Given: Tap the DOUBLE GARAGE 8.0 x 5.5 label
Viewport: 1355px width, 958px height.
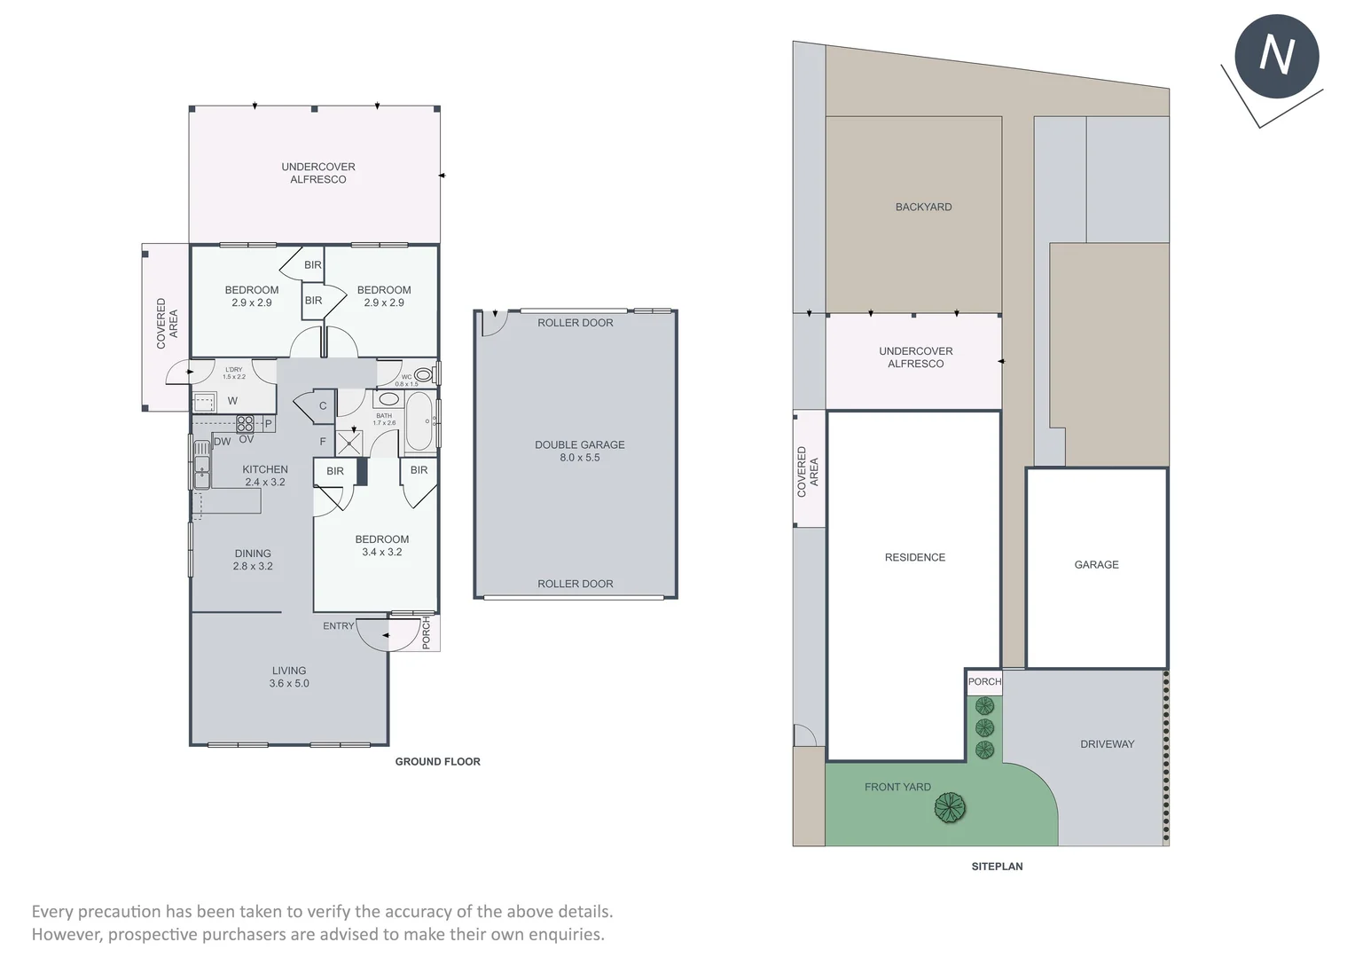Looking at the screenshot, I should tap(579, 451).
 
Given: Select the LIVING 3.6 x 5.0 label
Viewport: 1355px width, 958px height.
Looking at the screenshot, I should tap(289, 677).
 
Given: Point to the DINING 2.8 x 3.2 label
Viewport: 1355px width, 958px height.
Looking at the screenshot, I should tap(253, 559).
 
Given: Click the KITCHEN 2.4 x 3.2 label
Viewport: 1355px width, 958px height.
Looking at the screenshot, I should tap(265, 475).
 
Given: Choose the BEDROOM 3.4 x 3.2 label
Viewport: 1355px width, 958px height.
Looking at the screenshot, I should tap(382, 545).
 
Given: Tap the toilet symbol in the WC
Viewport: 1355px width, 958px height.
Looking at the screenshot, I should tap(423, 375).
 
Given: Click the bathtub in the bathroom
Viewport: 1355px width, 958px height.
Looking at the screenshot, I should tap(419, 423).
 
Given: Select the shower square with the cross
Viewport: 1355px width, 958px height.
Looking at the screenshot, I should tap(349, 443).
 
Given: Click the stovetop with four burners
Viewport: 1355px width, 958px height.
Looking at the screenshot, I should tap(245, 423).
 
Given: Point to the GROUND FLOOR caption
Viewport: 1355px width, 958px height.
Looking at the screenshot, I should tap(437, 761).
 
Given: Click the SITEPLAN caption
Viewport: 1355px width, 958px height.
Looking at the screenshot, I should tap(997, 866).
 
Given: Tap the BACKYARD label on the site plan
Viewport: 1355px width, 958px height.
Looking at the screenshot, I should tap(923, 207).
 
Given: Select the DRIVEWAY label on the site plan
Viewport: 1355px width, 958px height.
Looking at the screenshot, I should tap(1107, 743).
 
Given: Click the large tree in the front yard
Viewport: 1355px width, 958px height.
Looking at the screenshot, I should tap(950, 807).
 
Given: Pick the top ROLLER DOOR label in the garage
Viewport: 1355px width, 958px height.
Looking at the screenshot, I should tap(575, 323).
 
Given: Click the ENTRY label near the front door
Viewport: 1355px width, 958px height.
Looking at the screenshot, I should tap(338, 625).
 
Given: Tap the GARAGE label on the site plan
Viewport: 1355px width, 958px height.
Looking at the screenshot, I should tap(1096, 564).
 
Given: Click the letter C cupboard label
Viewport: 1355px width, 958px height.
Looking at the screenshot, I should tap(323, 406).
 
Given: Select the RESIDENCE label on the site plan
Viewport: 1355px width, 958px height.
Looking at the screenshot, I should tap(914, 557).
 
